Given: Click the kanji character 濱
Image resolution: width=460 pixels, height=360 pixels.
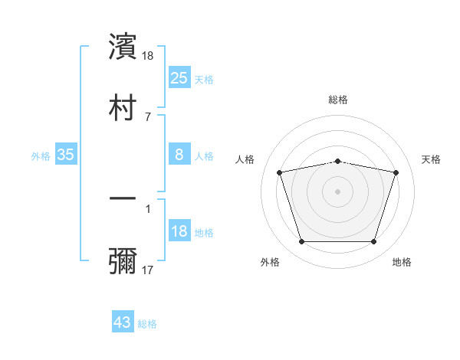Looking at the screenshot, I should click(x=123, y=47).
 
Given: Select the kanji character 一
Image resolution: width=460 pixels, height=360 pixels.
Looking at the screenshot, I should click(x=123, y=198).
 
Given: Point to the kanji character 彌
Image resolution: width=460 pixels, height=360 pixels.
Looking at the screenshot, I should click(x=123, y=260).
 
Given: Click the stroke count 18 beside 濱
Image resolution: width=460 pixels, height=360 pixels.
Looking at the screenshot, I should click(x=149, y=56).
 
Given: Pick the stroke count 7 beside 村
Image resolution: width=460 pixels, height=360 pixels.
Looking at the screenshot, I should click(x=148, y=116).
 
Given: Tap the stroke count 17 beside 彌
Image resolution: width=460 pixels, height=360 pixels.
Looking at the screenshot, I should click(x=148, y=270).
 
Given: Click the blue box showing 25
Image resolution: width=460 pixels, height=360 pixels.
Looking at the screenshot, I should click(x=179, y=78).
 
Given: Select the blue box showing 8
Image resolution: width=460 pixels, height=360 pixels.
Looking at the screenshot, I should click(x=179, y=155).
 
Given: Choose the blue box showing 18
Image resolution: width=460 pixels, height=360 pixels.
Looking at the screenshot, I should click(x=179, y=231).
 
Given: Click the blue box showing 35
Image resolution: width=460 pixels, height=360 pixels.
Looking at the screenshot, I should click(x=66, y=155).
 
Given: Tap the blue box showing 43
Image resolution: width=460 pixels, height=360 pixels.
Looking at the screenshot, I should click(x=122, y=322).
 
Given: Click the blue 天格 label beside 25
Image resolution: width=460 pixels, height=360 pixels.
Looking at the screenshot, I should click(x=204, y=79).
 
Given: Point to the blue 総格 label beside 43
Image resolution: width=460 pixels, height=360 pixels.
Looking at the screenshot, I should click(x=147, y=324).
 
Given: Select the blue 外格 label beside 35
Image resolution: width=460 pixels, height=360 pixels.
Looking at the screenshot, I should click(x=41, y=155).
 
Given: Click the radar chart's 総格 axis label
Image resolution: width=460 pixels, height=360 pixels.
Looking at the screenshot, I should click(x=338, y=100).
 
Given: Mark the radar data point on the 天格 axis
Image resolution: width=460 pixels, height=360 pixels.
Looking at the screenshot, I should click(x=396, y=172).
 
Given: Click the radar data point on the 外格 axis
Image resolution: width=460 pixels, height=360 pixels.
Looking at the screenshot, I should click(x=301, y=242).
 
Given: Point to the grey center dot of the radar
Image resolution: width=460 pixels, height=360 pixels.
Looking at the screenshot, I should click(x=338, y=191).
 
